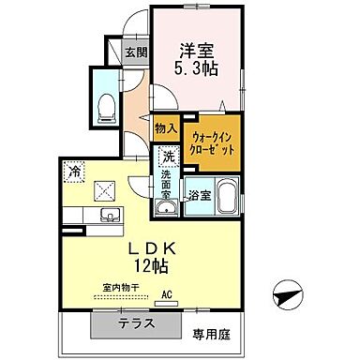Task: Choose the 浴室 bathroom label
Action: click(198, 195)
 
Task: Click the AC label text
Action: click(167, 294)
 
